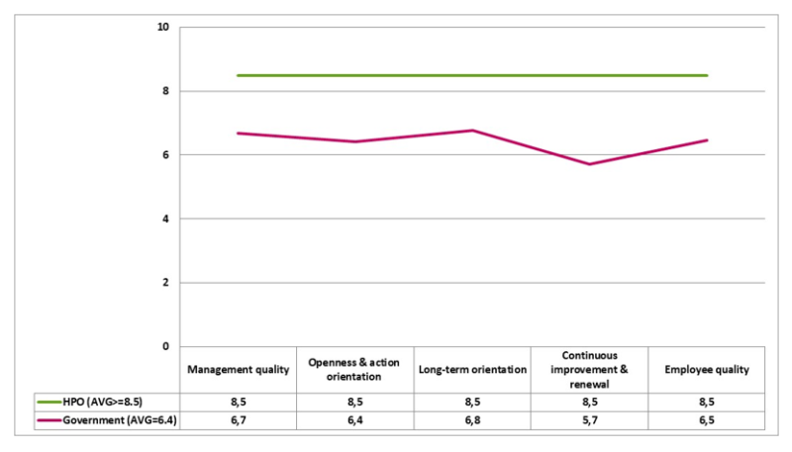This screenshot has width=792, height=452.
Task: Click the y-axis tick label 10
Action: click(x=161, y=27)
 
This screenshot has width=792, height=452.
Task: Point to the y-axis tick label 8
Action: click(x=164, y=91)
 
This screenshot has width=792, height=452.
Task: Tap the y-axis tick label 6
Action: click(x=164, y=154)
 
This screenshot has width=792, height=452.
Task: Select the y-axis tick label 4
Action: click(x=164, y=219)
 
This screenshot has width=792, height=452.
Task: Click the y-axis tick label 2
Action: click(x=164, y=282)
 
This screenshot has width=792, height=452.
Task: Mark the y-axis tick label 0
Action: click(x=164, y=346)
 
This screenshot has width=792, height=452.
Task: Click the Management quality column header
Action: click(x=239, y=370)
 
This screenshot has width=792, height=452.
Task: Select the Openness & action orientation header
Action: click(x=354, y=370)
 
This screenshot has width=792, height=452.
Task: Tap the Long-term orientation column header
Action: click(x=471, y=370)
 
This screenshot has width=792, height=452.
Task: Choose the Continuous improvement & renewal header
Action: click(x=590, y=370)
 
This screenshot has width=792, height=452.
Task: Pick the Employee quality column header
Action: click(x=707, y=370)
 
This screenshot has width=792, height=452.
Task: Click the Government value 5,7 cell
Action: click(x=590, y=420)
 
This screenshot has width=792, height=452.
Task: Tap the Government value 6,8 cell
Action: click(x=471, y=420)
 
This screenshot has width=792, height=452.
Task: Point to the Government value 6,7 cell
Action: click(x=239, y=420)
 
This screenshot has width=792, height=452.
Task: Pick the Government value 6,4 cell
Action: click(x=354, y=420)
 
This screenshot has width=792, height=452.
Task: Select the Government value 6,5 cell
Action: click(x=707, y=420)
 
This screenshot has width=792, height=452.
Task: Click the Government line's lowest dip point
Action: click(x=590, y=164)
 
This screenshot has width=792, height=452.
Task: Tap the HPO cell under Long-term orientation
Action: click(x=471, y=403)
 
